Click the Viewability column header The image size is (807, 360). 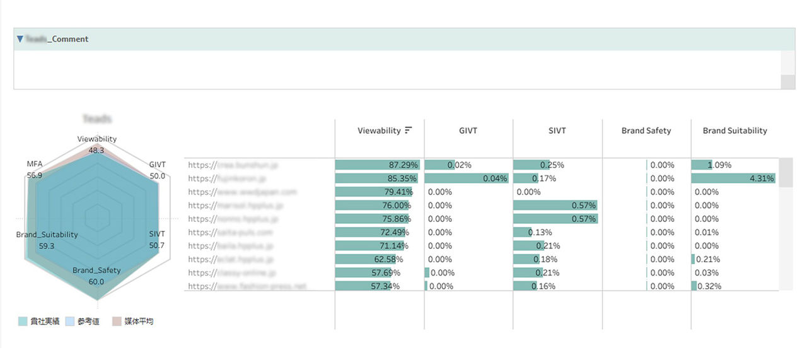point(379,131)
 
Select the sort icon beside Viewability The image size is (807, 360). point(409,131)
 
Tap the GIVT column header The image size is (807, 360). point(468,131)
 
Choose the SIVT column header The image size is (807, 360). point(557,131)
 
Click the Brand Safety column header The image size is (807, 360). point(646,131)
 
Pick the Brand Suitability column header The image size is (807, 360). point(734,131)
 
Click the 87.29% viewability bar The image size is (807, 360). point(377,165)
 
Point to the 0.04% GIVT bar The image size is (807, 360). point(467,178)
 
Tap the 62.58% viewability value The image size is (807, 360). point(388,259)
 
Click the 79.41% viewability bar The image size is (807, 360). point(373,192)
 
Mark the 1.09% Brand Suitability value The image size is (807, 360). point(719,165)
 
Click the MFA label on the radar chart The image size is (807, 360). point(35,164)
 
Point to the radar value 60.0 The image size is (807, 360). point(96,282)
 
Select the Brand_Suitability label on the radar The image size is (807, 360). point(47,235)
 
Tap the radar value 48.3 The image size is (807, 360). point(96,150)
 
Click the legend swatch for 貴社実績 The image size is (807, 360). point(23,322)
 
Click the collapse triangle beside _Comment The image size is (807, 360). point(20,39)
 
